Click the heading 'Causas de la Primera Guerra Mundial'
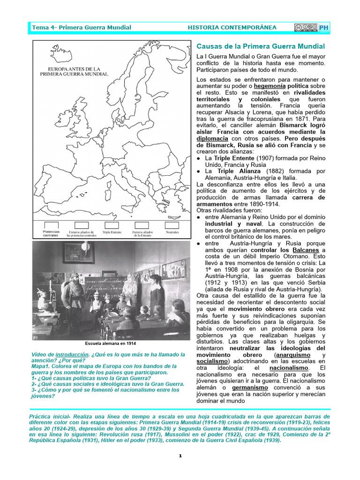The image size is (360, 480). (x=260, y=46)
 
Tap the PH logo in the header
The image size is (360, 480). (x=324, y=28)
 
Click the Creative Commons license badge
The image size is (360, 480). (x=306, y=28)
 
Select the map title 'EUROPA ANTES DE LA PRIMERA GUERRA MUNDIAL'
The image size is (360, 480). (x=74, y=71)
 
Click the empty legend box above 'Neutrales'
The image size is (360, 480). (x=172, y=225)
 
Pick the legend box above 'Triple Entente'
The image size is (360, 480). (x=112, y=225)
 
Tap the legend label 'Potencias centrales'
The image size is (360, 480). (x=51, y=233)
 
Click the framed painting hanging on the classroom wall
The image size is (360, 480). (x=78, y=253)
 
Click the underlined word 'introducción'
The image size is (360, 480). (x=72, y=354)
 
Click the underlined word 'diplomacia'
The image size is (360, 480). (x=212, y=139)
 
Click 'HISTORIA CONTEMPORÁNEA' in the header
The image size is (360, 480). (x=232, y=28)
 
